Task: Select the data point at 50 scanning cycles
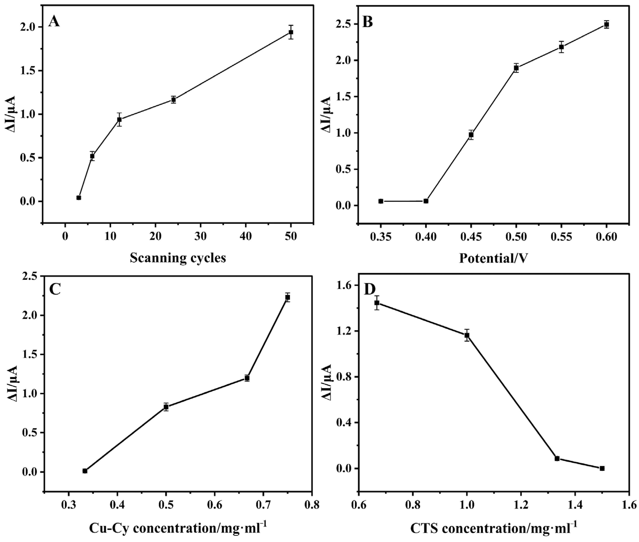pos(291,32)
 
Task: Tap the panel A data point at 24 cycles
pos(174,100)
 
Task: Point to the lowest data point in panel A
pos(79,197)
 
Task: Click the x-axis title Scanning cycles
pos(178,258)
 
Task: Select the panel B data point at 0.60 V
pos(606,25)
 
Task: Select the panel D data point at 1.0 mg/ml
pos(467,335)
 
